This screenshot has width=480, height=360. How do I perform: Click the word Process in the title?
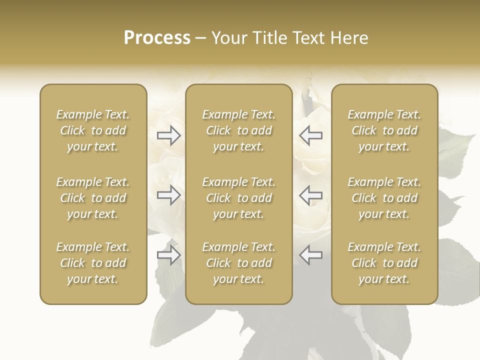tap(157, 38)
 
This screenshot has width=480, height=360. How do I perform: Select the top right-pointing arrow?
tap(169, 135)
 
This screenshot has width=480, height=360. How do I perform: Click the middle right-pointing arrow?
tap(169, 195)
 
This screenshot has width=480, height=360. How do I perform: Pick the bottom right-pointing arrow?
tap(169, 255)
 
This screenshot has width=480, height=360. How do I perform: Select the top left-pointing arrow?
tap(311, 135)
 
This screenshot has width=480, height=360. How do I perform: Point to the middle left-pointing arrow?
tap(311, 195)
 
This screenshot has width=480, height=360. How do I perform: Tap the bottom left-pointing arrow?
tap(311, 255)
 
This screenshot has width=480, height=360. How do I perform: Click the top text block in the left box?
tap(93, 130)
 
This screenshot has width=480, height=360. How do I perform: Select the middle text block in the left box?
tap(93, 198)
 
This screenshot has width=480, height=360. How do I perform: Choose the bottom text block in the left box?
tap(93, 263)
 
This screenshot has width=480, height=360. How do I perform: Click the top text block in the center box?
tap(239, 130)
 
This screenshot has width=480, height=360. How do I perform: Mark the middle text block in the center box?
tap(239, 198)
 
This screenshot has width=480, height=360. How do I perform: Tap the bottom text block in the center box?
tap(239, 263)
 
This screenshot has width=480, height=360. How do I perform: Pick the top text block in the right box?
tap(384, 130)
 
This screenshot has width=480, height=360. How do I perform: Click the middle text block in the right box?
tap(384, 198)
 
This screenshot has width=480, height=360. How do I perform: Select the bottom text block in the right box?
tap(384, 263)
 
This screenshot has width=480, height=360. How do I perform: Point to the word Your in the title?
tap(228, 38)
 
